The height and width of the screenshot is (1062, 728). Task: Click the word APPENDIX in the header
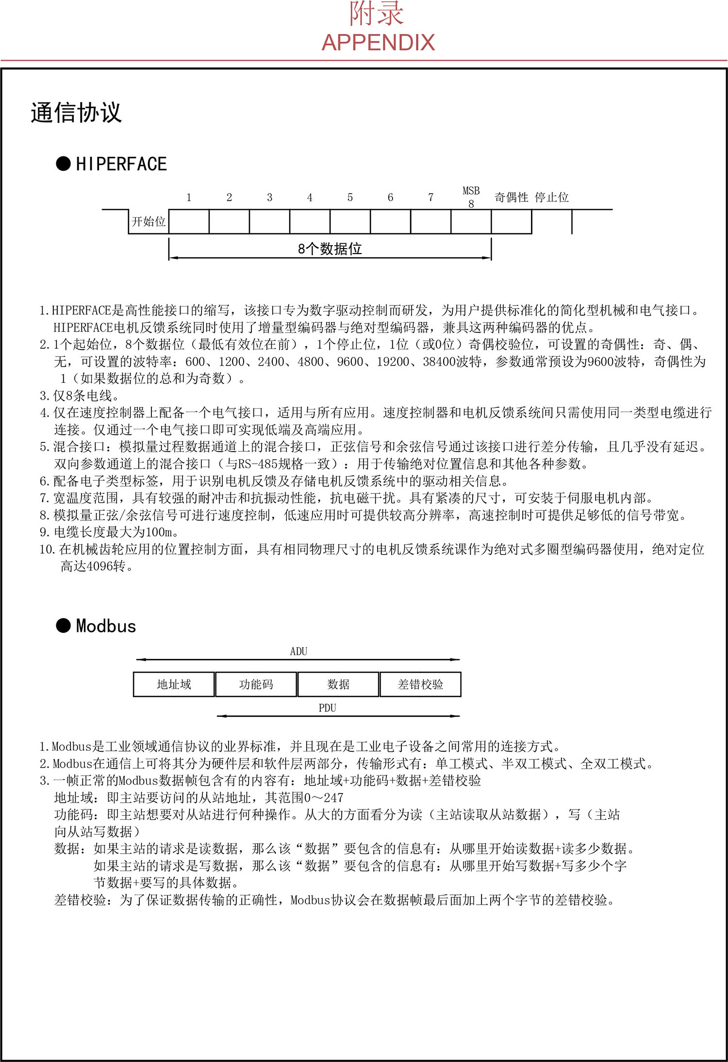378,43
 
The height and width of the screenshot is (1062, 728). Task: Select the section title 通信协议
76,113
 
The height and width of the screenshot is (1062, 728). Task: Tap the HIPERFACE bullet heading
121,164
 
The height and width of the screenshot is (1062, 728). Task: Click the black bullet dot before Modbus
63,625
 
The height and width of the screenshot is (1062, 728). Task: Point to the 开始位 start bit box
149,222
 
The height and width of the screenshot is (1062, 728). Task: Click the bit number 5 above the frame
350,198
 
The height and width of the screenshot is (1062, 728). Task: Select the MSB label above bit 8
471,191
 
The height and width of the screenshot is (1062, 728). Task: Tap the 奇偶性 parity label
511,198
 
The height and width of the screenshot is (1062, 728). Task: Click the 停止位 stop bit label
551,198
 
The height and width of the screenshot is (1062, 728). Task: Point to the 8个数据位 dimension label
330,249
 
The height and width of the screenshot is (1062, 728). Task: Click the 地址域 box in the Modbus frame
174,685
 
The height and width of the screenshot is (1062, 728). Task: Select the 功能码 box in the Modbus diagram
256,685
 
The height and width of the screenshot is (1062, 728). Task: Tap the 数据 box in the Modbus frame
338,685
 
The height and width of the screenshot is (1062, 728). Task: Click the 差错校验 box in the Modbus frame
420,685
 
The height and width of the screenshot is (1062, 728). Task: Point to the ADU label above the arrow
298,652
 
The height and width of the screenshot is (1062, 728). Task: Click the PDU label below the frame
327,708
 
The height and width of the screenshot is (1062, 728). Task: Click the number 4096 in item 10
99,566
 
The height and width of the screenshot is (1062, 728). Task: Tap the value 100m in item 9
158,532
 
